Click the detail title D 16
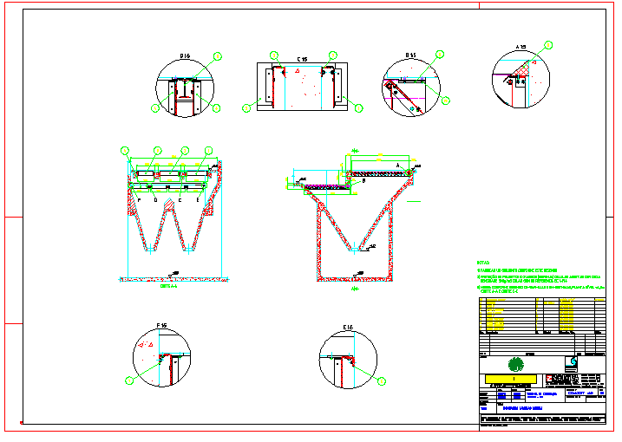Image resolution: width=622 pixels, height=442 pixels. click(185, 56)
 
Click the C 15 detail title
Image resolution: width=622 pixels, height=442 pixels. click(302, 59)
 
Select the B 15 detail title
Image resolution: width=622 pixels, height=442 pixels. click(410, 56)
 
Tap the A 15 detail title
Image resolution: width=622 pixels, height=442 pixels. click(521, 46)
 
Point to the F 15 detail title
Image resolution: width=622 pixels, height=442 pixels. click(161, 326)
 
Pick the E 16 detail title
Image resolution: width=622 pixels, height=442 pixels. click(348, 327)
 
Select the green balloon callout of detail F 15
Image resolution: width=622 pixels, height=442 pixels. click(129, 380)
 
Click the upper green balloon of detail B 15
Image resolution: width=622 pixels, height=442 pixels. click(440, 55)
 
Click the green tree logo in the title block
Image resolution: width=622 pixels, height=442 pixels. click(516, 363)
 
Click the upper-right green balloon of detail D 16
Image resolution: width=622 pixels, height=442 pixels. click(218, 55)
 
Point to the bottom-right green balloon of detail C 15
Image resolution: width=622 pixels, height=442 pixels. click(357, 107)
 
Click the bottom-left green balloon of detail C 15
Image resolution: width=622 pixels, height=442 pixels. click(246, 107)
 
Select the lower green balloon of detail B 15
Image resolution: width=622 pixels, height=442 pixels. click(445, 101)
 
